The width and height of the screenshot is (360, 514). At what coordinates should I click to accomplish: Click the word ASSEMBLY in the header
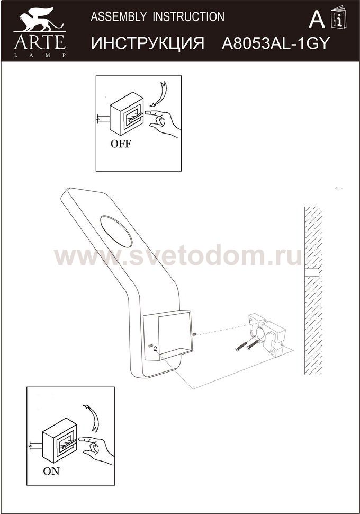[119, 17]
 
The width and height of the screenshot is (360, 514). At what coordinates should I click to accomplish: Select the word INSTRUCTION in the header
[188, 17]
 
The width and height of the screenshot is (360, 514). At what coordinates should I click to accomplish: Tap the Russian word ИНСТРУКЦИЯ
[147, 43]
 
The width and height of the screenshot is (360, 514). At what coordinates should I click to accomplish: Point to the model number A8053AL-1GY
[275, 43]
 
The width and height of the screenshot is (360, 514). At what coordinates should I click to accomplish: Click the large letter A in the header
[317, 19]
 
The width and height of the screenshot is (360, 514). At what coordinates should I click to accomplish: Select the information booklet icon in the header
[338, 17]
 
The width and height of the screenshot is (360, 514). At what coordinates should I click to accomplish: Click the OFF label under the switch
[121, 144]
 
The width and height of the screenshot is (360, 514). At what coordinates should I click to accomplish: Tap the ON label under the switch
[51, 472]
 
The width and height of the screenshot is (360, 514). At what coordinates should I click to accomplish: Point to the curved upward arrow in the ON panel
[93, 418]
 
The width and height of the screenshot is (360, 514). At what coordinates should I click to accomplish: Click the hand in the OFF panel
[163, 123]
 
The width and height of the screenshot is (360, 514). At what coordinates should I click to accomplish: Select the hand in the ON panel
[97, 449]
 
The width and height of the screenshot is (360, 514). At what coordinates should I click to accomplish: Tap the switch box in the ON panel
[60, 440]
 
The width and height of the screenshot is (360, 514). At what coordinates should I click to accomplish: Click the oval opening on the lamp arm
[116, 232]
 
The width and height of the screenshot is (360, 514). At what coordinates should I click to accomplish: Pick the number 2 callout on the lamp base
[155, 348]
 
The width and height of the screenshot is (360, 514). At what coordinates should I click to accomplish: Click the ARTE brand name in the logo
[40, 42]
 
